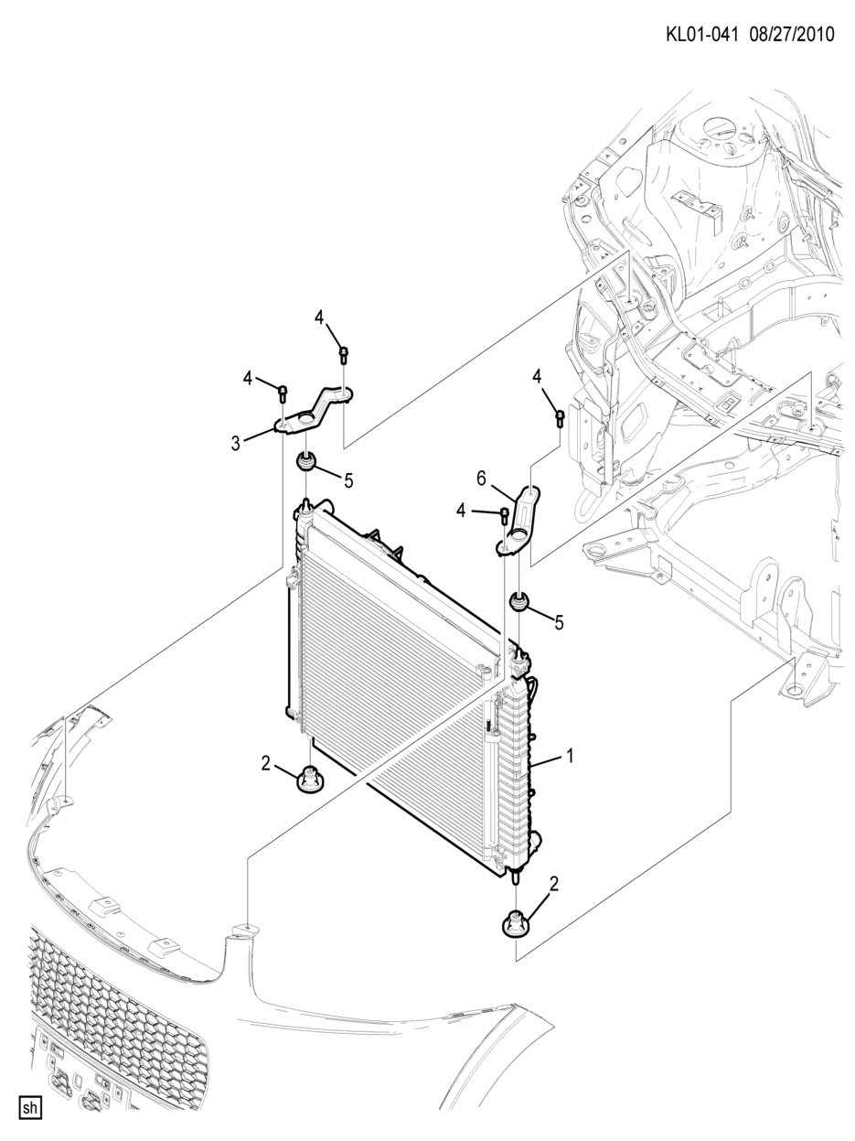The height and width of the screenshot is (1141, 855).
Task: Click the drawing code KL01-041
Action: click(x=700, y=35)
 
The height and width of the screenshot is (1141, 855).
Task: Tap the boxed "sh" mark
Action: click(x=29, y=1108)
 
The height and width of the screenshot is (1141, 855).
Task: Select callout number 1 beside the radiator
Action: click(x=569, y=756)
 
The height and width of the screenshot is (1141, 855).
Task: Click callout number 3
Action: click(x=236, y=444)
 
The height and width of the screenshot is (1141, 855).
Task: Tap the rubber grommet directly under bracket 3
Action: click(x=305, y=460)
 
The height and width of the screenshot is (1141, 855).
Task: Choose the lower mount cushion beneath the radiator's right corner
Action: click(x=516, y=924)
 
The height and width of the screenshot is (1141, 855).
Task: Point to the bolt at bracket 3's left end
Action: click(x=283, y=393)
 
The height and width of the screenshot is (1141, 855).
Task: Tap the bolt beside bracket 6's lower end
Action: click(x=503, y=514)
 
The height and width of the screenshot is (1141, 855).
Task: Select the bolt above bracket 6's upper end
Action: click(x=560, y=417)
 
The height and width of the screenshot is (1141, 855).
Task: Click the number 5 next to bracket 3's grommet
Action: click(x=348, y=480)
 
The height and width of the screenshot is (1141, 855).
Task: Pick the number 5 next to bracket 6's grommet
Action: click(x=559, y=622)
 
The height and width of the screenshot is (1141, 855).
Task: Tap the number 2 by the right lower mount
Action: click(x=553, y=884)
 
